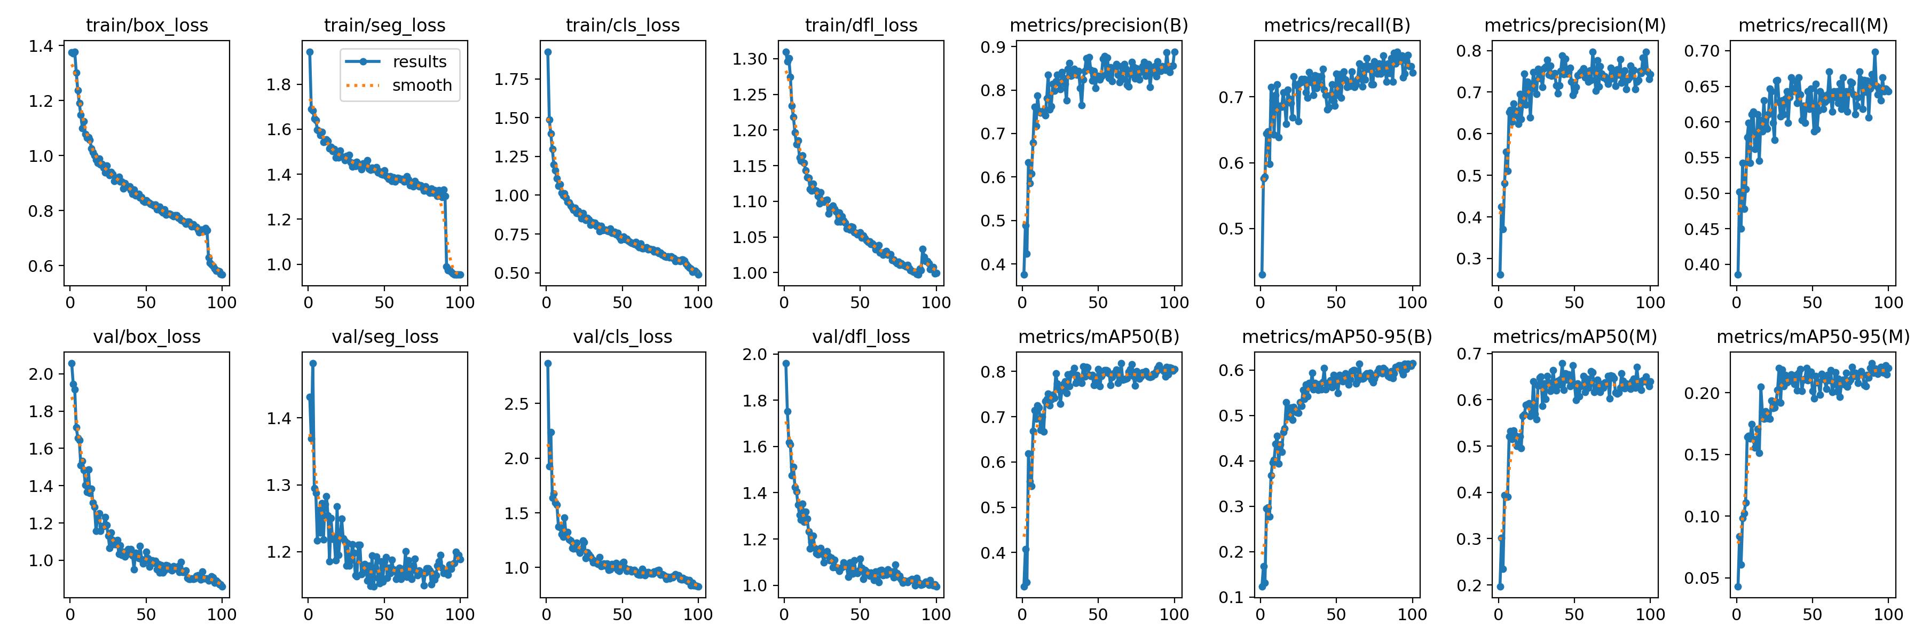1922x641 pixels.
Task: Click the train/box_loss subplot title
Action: pyautogui.click(x=147, y=25)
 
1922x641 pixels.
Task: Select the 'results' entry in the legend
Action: pyautogui.click(x=419, y=62)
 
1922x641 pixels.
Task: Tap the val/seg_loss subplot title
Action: pyautogui.click(x=385, y=337)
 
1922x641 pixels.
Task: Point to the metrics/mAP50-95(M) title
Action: pyautogui.click(x=1813, y=337)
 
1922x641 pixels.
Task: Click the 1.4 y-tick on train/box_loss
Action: pyautogui.click(x=41, y=46)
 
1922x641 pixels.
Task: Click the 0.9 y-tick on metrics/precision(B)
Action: pyautogui.click(x=993, y=47)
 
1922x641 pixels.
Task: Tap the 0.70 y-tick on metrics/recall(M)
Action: pyautogui.click(x=1702, y=51)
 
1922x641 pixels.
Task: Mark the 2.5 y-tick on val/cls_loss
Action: pyautogui.click(x=516, y=404)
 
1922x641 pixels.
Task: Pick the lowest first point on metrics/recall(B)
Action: pyautogui.click(x=1263, y=275)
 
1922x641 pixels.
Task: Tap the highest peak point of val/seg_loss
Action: pyautogui.click(x=313, y=363)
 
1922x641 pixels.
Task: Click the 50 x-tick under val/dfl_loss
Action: pyautogui.click(x=860, y=615)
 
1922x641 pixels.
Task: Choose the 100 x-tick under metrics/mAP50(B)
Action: pyautogui.click(x=1175, y=615)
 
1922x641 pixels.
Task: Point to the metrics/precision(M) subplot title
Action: pyautogui.click(x=1575, y=25)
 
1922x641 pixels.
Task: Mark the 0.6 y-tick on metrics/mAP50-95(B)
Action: pyautogui.click(x=1231, y=370)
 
